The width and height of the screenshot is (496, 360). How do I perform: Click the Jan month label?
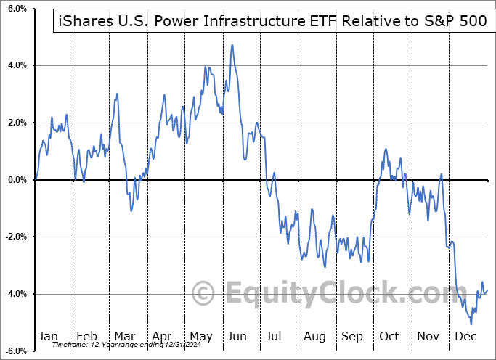48,337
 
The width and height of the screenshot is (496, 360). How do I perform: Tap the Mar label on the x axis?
124,337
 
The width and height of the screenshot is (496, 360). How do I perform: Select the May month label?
200,337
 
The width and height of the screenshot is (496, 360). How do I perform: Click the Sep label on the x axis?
352,337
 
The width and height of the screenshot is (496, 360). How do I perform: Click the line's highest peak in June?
232,45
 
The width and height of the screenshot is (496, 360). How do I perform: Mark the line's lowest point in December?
471,324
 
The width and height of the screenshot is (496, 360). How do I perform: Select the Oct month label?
390,337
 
